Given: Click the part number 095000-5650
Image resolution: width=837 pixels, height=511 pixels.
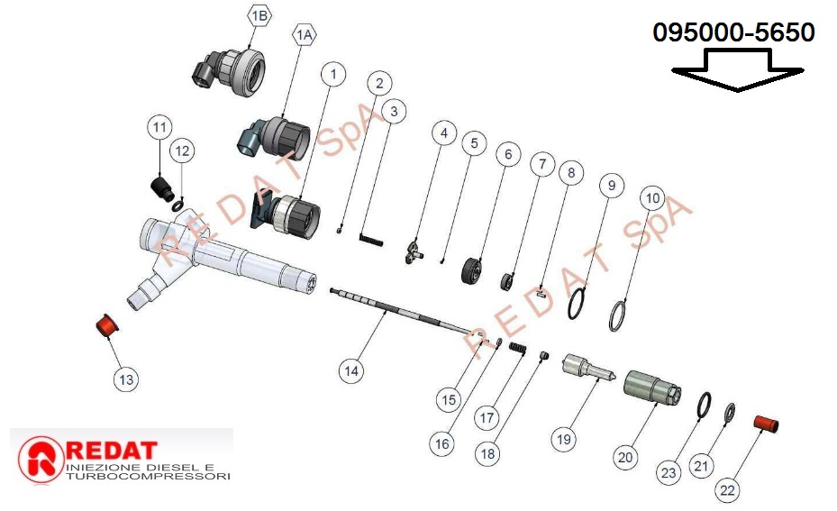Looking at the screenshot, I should [x=734, y=33].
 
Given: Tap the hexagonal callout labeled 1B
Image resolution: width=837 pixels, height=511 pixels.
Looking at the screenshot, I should [x=259, y=17].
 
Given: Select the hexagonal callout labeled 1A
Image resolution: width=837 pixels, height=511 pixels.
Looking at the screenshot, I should [x=305, y=34].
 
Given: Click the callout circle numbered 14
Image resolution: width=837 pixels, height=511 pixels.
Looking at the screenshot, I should [x=351, y=370].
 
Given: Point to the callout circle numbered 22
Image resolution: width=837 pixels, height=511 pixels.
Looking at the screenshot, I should [x=728, y=490].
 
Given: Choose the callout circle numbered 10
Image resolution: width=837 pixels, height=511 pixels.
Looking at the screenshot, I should [x=653, y=196].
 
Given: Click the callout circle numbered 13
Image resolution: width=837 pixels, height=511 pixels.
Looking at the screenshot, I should [x=125, y=380].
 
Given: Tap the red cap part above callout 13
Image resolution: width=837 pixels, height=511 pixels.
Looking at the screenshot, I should [x=108, y=324].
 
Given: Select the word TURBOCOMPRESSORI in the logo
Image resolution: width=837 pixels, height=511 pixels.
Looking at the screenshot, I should [x=149, y=475].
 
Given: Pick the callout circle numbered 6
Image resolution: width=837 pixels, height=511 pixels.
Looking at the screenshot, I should [x=507, y=154].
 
